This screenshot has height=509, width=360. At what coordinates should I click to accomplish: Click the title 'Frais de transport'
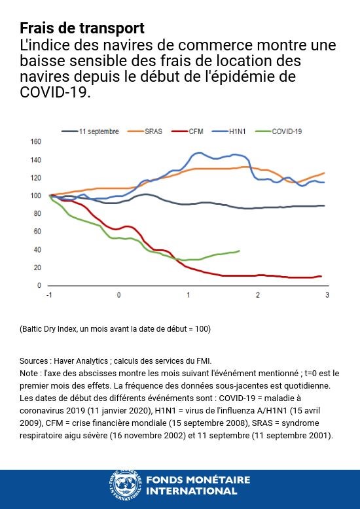click(x=82, y=29)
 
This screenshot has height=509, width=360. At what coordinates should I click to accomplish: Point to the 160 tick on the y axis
click(x=36, y=141)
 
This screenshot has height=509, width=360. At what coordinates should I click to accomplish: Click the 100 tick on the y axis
click(x=36, y=196)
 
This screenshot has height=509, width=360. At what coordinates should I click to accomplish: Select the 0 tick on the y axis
click(x=39, y=286)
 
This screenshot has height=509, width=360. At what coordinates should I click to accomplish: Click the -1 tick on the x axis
click(x=49, y=296)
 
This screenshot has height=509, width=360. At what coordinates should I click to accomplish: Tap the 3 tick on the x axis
click(x=327, y=296)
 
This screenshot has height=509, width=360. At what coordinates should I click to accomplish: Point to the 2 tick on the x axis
click(x=258, y=296)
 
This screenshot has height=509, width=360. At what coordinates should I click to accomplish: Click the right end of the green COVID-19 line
click(x=239, y=251)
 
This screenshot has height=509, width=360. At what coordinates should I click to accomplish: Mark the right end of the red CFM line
click(x=321, y=276)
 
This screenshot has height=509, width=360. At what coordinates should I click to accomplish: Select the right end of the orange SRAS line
click(x=324, y=173)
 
